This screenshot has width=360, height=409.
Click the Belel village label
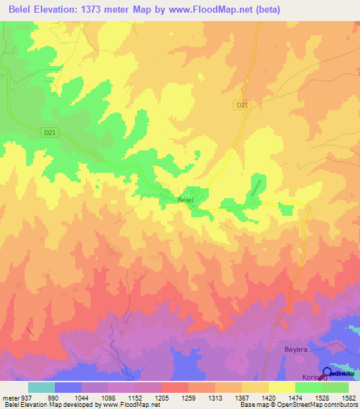(x=186, y=200)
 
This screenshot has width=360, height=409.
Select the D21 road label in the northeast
(x=243, y=105)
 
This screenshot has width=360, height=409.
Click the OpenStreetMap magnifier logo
(x=328, y=373)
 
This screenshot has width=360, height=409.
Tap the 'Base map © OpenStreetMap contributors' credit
(x=296, y=405)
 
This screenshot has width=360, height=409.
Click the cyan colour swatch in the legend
(x=41, y=387)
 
